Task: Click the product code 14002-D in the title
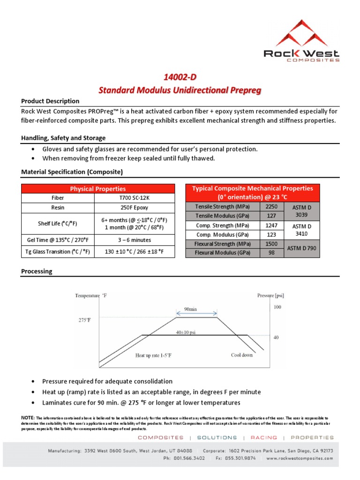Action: pyautogui.click(x=180, y=77)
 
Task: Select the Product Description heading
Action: pyautogui.click(x=50, y=101)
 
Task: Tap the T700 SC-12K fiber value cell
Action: pyautogui.click(x=135, y=198)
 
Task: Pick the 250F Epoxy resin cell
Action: pyautogui.click(x=135, y=207)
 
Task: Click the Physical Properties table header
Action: pyautogui.click(x=97, y=188)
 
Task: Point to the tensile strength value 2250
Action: pyautogui.click(x=271, y=206)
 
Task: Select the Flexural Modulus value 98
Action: pyautogui.click(x=271, y=253)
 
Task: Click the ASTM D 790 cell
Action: pyautogui.click(x=302, y=248)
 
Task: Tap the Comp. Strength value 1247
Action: pyautogui.click(x=271, y=225)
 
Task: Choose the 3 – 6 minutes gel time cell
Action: pyautogui.click(x=135, y=240)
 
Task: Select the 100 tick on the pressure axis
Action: pyautogui.click(x=277, y=307)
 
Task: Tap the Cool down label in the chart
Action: pyautogui.click(x=242, y=355)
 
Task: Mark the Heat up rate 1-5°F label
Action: pyautogui.click(x=153, y=355)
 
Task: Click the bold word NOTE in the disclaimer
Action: pyautogui.click(x=28, y=417)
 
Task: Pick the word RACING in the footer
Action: pyautogui.click(x=263, y=437)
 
